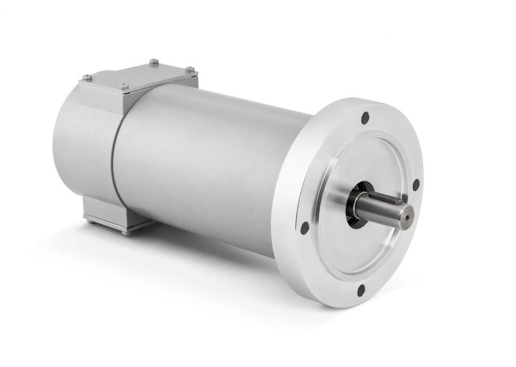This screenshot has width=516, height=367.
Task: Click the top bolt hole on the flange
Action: coord(365,118)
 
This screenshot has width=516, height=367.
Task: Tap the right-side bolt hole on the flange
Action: coord(415,184)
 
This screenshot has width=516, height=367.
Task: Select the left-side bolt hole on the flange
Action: coord(304,227)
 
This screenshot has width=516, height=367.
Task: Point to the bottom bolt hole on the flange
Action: coord(361,290)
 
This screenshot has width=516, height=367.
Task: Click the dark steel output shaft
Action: coord(381,208)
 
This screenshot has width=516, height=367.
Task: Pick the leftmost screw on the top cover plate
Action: coord(86,78)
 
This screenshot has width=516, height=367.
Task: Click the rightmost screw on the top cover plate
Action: coord(190,69)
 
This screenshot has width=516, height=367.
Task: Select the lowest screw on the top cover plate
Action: coord(123,86)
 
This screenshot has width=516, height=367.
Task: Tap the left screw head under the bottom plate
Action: coord(89,221)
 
